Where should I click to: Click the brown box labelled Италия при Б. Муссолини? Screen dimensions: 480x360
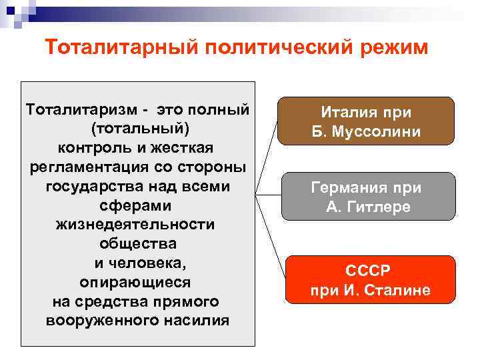366,121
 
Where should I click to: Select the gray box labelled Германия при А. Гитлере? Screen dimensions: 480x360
368,197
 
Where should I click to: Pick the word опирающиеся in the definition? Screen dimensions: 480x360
135,282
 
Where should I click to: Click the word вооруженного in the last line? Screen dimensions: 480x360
106,321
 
